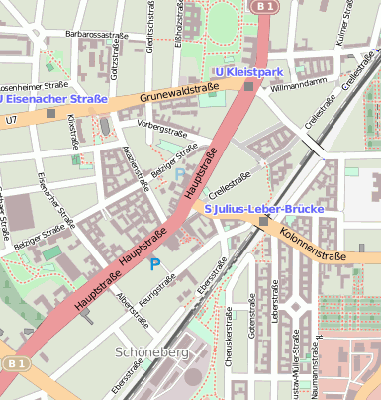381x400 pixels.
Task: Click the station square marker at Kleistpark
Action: tap(247, 86)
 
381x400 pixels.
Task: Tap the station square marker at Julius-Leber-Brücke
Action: tap(263, 222)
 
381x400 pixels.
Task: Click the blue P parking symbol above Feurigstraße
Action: tap(153, 263)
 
